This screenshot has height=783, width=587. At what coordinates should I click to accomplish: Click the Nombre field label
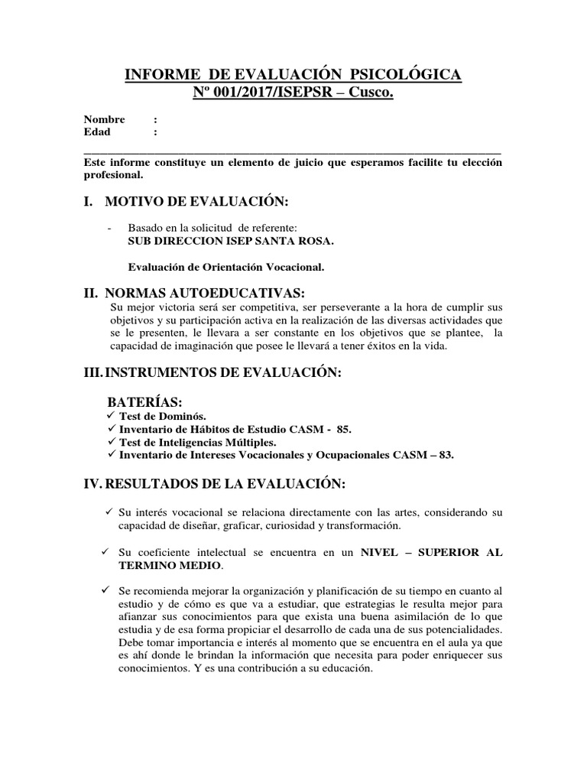pyautogui.click(x=103, y=119)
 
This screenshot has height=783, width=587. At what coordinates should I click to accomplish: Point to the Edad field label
pyautogui.click(x=97, y=132)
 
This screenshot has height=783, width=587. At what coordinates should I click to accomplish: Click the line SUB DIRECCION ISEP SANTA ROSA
pyautogui.click(x=230, y=241)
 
